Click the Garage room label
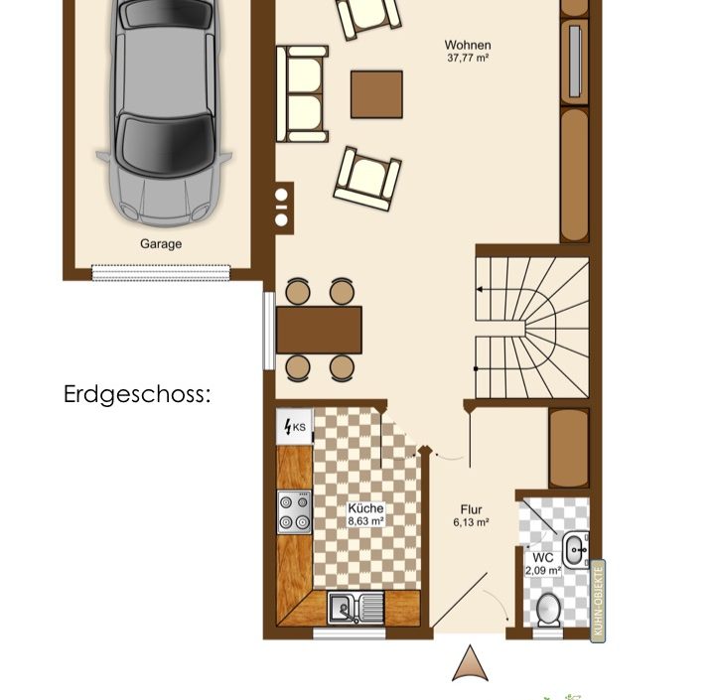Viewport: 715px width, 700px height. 161,244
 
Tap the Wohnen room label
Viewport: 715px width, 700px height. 468,45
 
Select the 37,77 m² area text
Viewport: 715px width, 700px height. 468,58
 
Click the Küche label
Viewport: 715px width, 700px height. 365,508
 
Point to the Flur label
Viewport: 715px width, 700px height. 471,509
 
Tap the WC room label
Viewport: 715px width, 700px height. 542,557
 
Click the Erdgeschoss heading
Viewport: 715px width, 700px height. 137,394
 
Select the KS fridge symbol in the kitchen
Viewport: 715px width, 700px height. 295,427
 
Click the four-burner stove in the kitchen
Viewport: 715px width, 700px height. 295,512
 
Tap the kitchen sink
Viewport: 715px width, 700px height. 356,608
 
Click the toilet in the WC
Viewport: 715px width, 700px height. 548,609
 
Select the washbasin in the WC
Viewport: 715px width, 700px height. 575,550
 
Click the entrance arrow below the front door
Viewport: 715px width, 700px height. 470,663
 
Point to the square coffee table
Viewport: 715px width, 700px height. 376,94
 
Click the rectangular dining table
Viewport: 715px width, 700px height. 319,331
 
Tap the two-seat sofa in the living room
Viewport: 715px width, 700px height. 302,94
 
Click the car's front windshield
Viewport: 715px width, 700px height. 165,144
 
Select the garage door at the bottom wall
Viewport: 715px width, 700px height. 161,273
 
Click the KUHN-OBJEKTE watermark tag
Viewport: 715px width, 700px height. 598,601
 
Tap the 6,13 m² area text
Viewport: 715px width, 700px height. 471,522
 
